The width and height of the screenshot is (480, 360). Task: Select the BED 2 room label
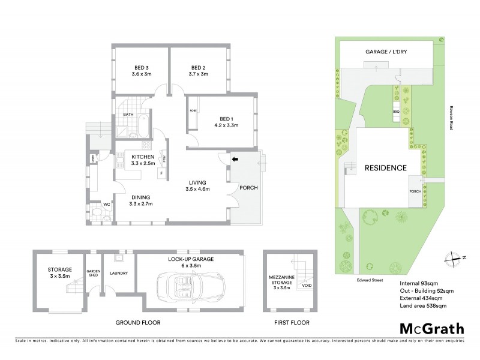click(x=199, y=67)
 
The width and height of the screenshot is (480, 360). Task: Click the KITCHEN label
click(x=143, y=157)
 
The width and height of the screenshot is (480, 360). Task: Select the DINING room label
click(x=140, y=197)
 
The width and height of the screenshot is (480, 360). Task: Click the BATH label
click(x=128, y=114)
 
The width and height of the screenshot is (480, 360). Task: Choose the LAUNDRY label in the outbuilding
click(x=119, y=274)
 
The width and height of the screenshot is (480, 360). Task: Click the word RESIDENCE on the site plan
click(x=386, y=168)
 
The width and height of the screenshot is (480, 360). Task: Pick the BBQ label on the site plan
click(x=396, y=112)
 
